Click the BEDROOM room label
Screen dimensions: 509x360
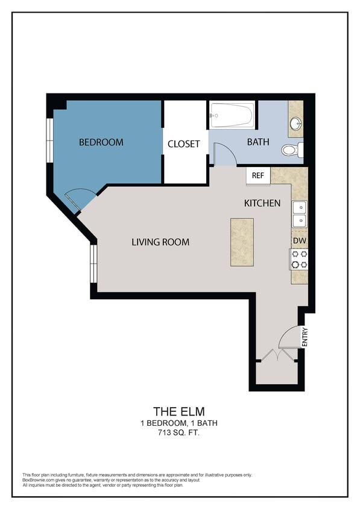click(x=101, y=142)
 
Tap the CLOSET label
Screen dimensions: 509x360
click(x=183, y=144)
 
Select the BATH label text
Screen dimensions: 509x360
click(x=257, y=142)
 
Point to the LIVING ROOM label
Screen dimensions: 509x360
click(x=160, y=242)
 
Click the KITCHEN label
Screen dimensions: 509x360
click(x=262, y=203)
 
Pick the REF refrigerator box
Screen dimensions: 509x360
click(x=258, y=175)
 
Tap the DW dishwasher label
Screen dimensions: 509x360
click(x=299, y=240)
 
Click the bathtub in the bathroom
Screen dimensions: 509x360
click(x=232, y=115)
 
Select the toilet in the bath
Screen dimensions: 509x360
click(x=292, y=150)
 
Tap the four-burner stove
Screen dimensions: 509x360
click(x=299, y=259)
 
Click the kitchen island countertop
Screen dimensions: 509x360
click(x=241, y=242)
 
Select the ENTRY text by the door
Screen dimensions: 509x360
click(x=305, y=337)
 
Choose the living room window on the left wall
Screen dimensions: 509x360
click(x=93, y=264)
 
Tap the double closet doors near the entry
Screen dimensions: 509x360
click(x=276, y=355)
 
